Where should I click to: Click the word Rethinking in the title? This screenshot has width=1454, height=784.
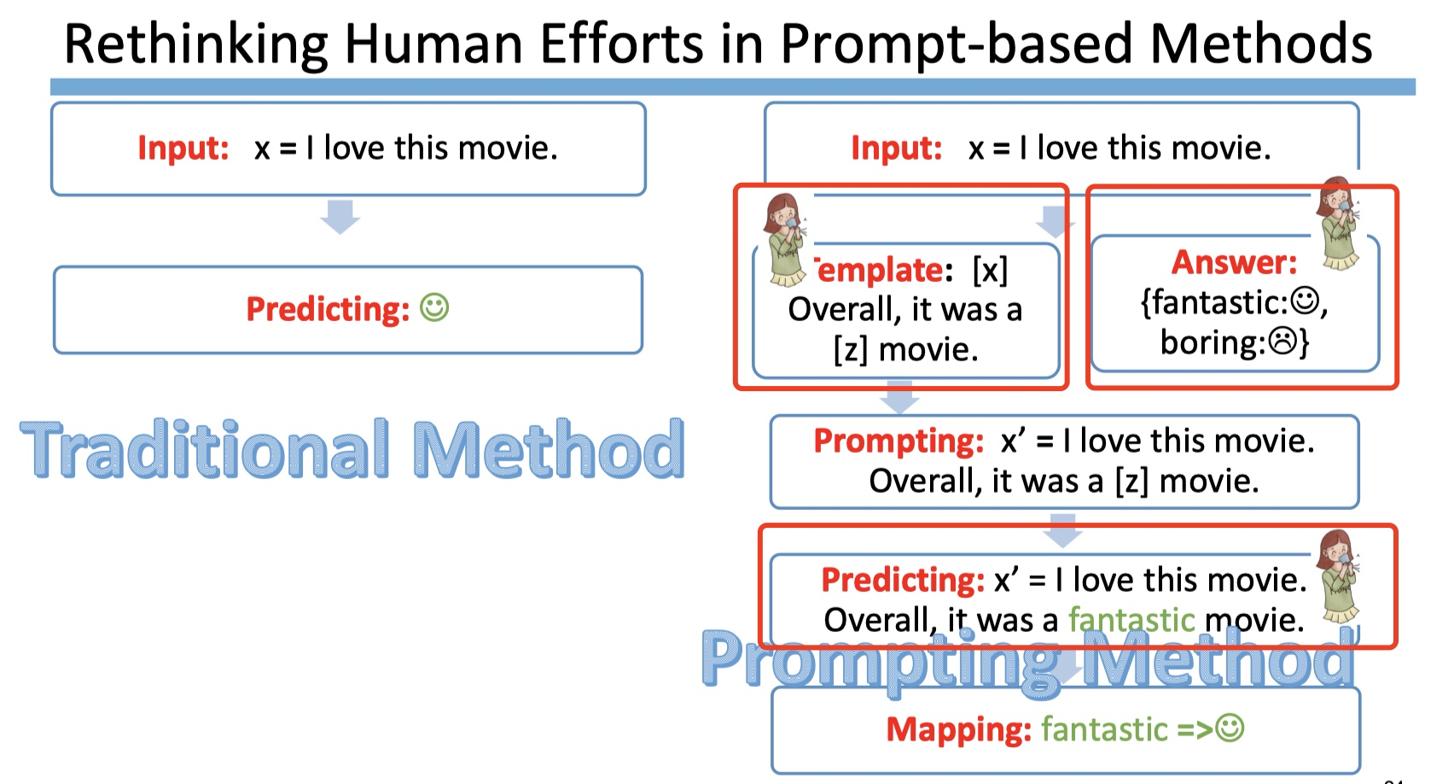[195, 44]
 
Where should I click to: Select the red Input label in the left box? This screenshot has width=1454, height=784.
[183, 148]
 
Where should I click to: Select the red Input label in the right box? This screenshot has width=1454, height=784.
[897, 148]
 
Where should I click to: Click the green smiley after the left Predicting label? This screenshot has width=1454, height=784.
[434, 307]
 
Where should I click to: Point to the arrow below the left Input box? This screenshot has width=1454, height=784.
[340, 217]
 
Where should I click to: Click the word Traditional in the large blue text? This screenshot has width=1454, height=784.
[205, 449]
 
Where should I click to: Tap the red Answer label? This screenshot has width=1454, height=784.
[1234, 262]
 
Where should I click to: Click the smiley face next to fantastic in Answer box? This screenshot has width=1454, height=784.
[1304, 301]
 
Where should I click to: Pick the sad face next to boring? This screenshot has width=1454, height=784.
[1282, 341]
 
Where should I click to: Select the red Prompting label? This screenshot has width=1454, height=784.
[899, 442]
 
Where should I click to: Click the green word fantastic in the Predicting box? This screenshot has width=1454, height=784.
[1131, 620]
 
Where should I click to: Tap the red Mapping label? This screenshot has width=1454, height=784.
[959, 729]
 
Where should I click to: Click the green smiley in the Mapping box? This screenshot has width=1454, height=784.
[1230, 728]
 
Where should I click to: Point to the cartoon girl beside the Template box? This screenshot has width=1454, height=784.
[785, 240]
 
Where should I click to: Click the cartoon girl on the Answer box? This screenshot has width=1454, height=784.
[1339, 224]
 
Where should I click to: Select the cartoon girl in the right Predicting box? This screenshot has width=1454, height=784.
[1339, 577]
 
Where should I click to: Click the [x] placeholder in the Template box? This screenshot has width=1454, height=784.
[990, 270]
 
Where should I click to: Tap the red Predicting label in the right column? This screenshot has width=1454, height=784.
[903, 580]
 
